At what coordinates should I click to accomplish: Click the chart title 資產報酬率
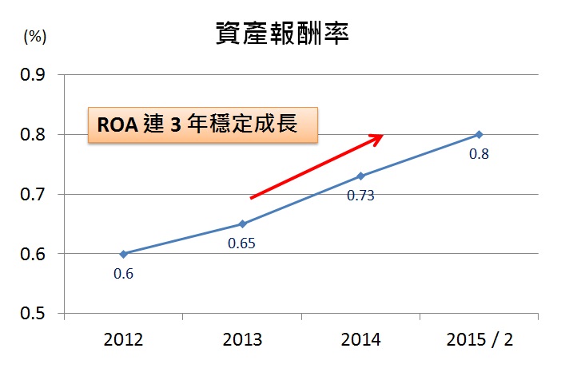coord(284,33)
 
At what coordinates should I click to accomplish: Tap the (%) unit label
coord(34,36)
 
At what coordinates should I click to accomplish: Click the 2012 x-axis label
coord(124,339)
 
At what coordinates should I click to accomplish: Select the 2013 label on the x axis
coord(242,339)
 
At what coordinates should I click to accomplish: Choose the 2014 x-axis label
coord(360,339)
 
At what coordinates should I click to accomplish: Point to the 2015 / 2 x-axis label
coord(480,339)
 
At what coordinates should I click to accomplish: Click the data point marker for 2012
coord(124,254)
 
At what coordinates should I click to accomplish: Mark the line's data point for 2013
coord(242,224)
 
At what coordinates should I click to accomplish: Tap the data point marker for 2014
coord(360,176)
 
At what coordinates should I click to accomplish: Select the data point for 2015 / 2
coord(480,134)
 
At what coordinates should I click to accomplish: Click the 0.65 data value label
coord(241,243)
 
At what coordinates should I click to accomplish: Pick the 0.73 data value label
coord(360,195)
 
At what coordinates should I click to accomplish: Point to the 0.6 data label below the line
coord(124,274)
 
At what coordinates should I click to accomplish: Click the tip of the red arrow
coord(383,135)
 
